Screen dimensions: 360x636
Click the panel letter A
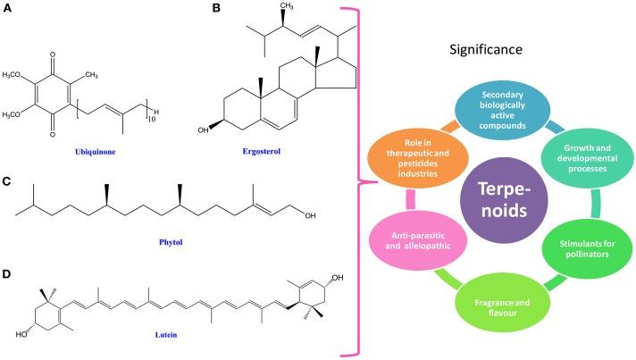tap(9, 11)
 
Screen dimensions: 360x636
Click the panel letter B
tap(190, 11)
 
